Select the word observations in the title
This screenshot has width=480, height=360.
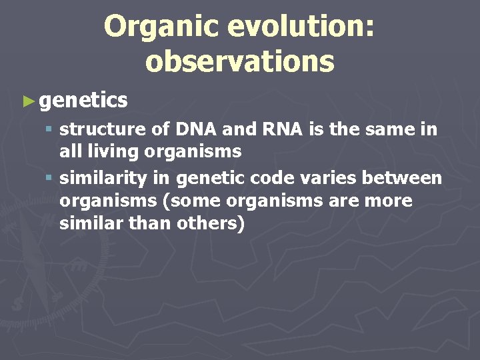click(x=239, y=61)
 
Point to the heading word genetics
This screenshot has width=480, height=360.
click(x=83, y=101)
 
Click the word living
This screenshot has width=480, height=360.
click(x=111, y=151)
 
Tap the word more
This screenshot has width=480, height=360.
click(x=389, y=201)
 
